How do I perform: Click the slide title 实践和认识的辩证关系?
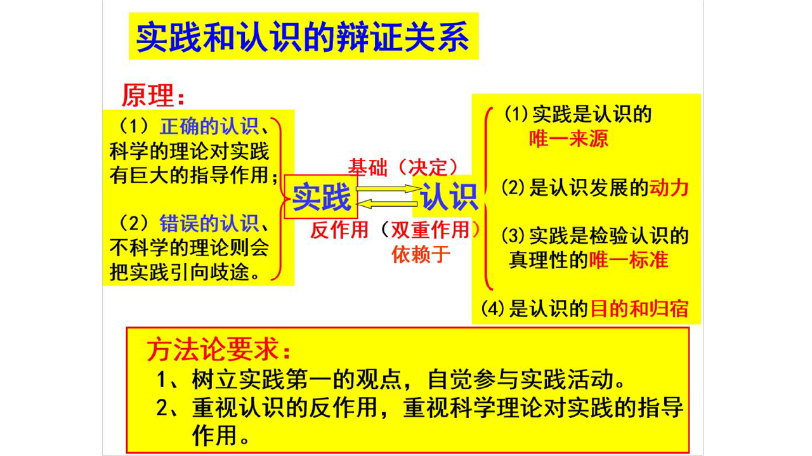point(303,37)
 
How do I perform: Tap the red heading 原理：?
point(154,95)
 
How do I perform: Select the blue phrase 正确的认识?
point(209,126)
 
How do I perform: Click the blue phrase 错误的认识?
point(209,223)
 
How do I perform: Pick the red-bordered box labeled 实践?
point(321,197)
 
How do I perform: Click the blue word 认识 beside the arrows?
point(449,197)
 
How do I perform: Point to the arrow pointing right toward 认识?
point(389,188)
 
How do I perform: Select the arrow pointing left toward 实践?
point(387,204)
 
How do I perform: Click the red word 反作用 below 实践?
point(339,230)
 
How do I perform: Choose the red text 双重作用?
point(430,230)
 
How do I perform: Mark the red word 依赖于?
point(421,254)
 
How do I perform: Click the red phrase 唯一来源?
point(568,139)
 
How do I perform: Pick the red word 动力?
point(669,188)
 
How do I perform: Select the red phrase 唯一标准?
point(629,260)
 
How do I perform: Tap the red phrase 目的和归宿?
point(639,309)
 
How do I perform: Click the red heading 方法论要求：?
point(219,350)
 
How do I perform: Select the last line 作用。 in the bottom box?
point(220,435)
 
